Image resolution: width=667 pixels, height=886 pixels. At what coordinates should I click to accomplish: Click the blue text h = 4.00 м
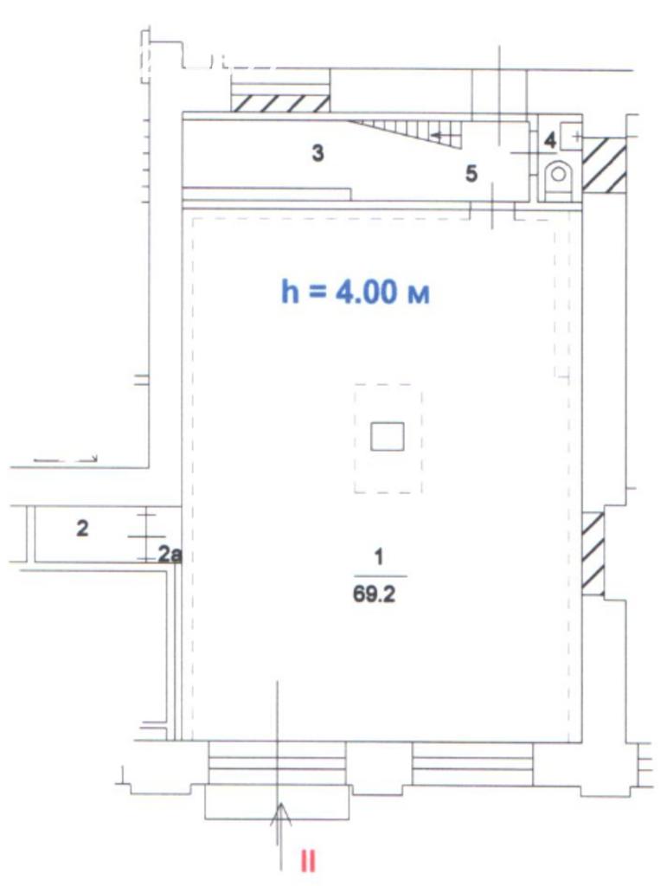356,292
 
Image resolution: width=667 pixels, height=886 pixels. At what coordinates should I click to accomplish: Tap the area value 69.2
374,595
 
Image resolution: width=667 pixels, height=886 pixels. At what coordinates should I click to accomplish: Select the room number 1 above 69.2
379,557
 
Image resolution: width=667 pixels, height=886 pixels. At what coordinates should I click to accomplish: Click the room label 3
318,152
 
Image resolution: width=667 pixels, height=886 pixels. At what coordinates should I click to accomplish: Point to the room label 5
471,173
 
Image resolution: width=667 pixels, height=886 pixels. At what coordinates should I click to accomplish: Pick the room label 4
549,140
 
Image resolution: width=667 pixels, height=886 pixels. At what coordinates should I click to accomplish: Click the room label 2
82,529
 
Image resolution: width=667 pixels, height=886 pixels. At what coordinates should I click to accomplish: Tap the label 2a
170,555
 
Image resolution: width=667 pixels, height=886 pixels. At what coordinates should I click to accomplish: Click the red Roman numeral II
308,862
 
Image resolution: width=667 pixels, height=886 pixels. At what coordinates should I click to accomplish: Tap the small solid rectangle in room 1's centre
387,436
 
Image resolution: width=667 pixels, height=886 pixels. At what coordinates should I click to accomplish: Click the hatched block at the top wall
280,104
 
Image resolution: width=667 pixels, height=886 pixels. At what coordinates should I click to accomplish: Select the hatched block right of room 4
604,164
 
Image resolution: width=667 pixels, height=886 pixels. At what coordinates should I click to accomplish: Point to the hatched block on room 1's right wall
593,553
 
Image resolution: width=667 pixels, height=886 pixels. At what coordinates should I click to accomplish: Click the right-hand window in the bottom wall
472,763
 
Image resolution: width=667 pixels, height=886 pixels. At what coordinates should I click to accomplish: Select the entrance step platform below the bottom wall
277,802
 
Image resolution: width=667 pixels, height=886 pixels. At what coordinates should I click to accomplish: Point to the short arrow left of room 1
66,459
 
